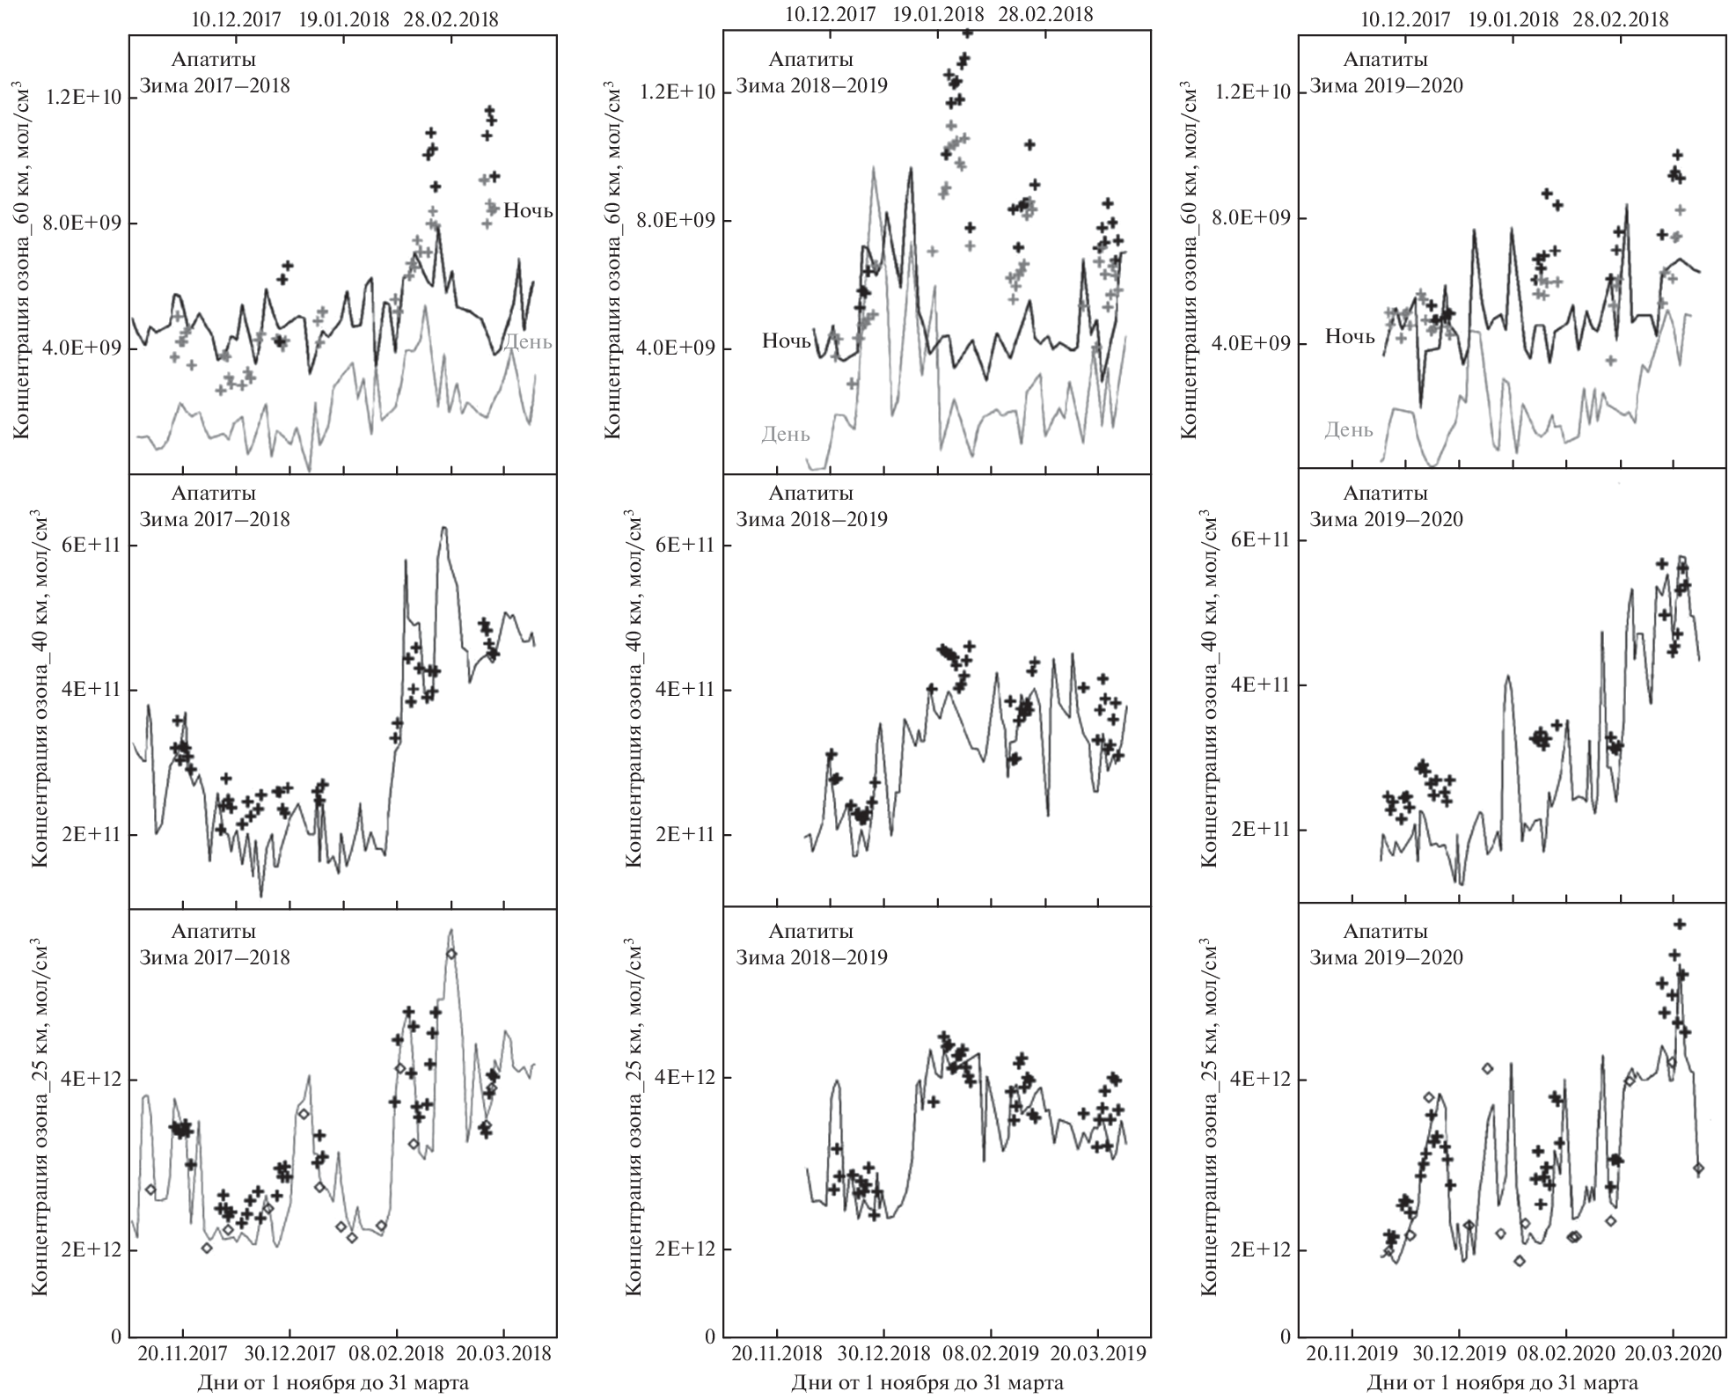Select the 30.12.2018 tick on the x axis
pos(884,1353)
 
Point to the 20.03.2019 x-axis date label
pos(1099,1353)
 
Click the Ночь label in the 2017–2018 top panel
pos(528,210)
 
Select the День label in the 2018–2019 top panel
pos(785,434)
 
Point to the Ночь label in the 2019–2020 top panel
pos(1350,337)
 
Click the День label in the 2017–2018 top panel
pos(528,341)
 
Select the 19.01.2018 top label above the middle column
pos(938,14)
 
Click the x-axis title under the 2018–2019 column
pos(927,1383)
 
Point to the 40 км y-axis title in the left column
pos(40,691)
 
